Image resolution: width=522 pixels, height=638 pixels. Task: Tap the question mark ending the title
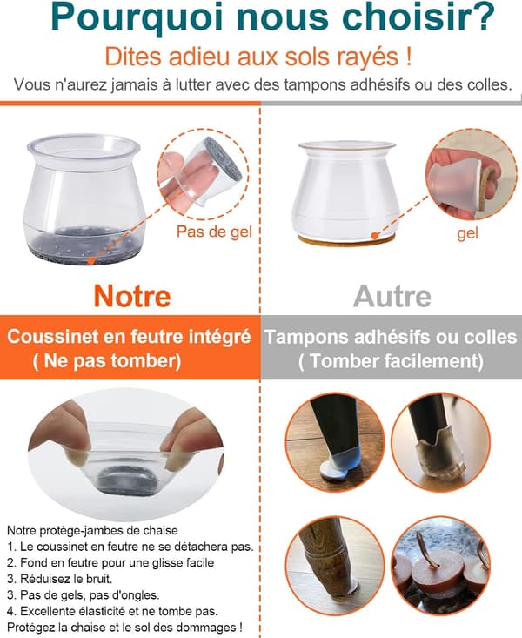[484, 17]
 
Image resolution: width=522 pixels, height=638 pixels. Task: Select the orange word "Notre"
[132, 296]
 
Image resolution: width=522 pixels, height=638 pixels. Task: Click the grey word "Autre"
[392, 296]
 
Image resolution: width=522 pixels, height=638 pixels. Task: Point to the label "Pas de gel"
[214, 232]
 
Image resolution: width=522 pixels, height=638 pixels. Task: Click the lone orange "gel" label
[468, 234]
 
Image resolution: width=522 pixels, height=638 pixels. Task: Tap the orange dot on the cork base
[375, 235]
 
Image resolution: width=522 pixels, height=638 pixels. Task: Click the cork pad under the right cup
[346, 239]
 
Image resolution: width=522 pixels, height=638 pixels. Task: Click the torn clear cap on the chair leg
[438, 460]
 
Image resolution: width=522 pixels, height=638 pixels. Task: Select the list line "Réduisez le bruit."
[59, 579]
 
